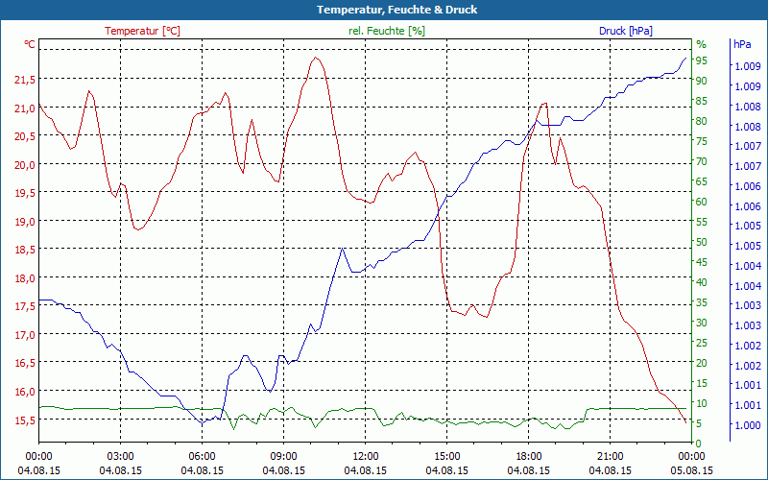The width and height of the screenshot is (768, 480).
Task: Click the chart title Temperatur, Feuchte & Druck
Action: click(383, 10)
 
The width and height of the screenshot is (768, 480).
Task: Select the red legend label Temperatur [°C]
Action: click(142, 31)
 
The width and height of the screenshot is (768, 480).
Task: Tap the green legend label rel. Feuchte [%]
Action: click(387, 31)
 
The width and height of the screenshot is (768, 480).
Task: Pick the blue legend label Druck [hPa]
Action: click(626, 31)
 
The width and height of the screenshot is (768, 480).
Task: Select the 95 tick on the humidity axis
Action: click(702, 60)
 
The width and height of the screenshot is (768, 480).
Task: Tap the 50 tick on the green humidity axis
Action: click(702, 242)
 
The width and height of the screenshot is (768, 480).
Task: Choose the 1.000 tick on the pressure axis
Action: click(746, 425)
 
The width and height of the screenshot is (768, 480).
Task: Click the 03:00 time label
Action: click(120, 456)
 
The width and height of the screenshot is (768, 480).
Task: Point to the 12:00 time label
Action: click(365, 456)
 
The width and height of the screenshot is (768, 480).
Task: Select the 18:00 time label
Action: click(528, 456)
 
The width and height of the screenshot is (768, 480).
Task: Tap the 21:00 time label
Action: click(610, 456)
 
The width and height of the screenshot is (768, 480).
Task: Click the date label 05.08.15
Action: click(691, 470)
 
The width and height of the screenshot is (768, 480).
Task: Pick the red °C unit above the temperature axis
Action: click(30, 44)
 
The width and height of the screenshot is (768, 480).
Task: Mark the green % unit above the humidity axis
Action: click(701, 44)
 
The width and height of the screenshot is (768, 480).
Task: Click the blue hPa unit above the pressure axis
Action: click(742, 44)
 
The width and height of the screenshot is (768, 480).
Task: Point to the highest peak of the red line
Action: click(315, 58)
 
